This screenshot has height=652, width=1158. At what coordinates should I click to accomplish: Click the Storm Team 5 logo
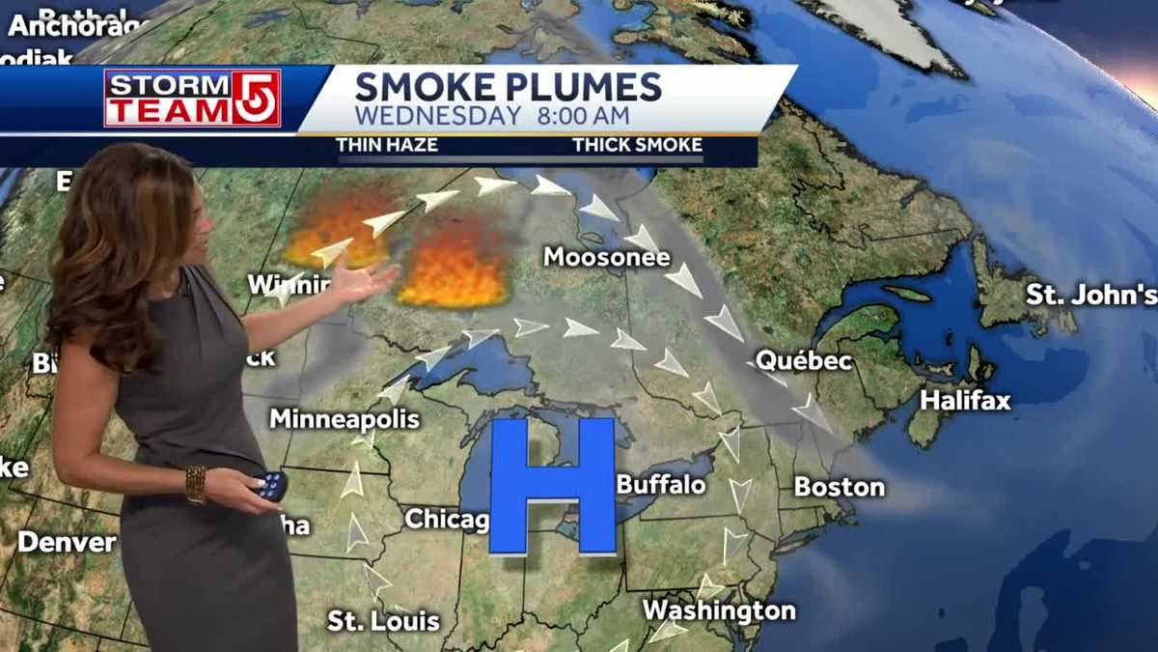point(192,98)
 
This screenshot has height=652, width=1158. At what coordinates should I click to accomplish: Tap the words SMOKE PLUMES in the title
point(508,87)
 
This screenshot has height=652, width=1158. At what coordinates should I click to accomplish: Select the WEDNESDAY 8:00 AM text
point(492,116)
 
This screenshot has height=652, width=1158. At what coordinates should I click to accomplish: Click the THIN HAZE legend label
point(386,145)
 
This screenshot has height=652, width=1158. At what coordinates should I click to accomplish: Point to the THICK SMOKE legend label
point(637,145)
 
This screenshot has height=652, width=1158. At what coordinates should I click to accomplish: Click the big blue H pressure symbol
point(552,486)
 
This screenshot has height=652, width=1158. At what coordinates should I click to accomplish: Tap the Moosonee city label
point(606,257)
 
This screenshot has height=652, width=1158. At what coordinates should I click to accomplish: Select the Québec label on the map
point(803,361)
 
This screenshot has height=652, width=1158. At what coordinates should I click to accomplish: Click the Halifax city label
point(964,400)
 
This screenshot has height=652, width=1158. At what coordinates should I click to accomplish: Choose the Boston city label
point(839,486)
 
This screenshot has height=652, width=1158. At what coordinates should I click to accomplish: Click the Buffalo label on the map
point(661,483)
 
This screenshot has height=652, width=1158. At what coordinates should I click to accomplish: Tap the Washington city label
point(719,610)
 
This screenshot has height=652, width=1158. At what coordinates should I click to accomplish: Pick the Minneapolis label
point(344,418)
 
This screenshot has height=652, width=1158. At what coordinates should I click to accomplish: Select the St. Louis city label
point(383,620)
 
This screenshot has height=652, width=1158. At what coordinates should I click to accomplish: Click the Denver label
point(67,542)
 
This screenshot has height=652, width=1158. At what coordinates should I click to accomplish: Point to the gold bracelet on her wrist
point(196,485)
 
